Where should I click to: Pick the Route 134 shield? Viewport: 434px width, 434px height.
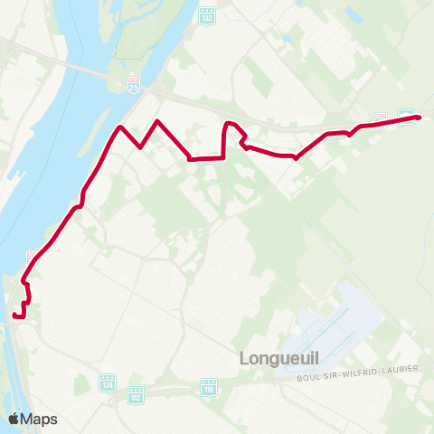pos(108,384)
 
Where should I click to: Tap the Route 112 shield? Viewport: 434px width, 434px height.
pos(136,396)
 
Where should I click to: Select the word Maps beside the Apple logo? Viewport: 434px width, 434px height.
pos(39,419)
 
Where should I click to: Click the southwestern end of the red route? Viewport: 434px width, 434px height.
pos(16,316)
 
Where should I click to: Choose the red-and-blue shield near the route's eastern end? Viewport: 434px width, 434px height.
pos(381,118)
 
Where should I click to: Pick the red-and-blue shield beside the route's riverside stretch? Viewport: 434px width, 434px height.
pos(32,257)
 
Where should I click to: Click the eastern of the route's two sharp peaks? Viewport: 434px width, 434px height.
pos(158,120)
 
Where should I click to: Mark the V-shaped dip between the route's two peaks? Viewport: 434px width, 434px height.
pos(140,146)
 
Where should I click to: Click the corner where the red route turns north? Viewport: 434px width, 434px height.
pos(223,157)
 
